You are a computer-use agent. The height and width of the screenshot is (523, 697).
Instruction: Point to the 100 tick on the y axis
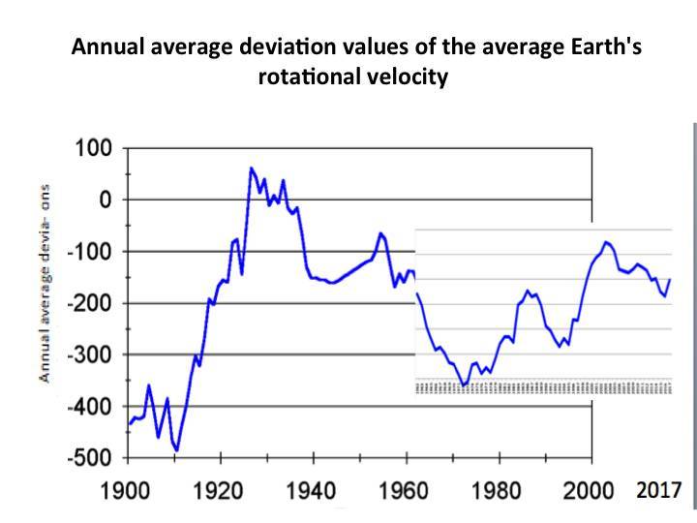[94, 149]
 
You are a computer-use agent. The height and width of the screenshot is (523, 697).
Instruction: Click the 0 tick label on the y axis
[105, 200]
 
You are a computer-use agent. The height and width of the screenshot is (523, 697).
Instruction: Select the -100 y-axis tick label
[90, 252]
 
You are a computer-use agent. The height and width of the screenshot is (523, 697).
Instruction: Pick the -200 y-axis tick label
[90, 303]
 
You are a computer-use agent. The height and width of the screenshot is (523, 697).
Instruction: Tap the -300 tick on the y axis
[90, 354]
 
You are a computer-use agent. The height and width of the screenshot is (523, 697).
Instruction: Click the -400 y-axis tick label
[90, 406]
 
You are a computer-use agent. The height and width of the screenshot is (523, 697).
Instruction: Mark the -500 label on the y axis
[90, 457]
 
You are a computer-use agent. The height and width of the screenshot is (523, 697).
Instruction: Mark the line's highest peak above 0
[252, 168]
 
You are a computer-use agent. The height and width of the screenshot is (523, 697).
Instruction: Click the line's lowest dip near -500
[177, 450]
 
